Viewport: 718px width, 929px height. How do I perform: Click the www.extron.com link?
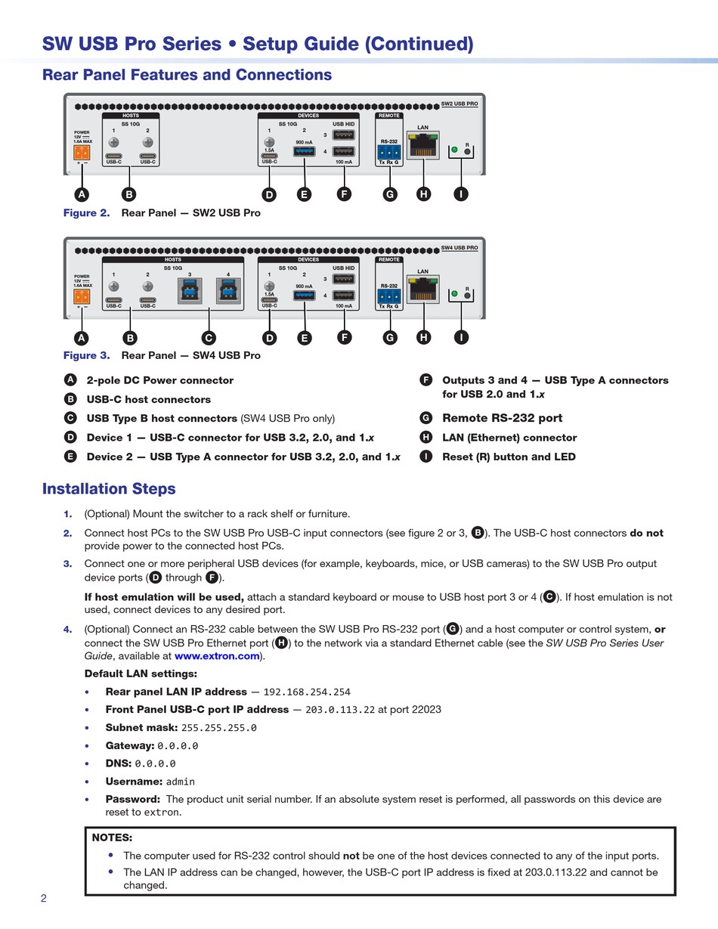tap(217, 656)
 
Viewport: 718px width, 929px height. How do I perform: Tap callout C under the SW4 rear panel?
tap(209, 338)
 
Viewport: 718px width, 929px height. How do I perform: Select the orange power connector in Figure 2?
tap(81, 152)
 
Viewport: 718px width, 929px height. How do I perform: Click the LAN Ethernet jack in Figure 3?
tap(422, 289)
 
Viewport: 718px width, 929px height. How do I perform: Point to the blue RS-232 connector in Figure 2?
tap(389, 152)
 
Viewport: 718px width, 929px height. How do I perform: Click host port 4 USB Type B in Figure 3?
tap(227, 290)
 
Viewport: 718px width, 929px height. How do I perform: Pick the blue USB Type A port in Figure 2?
tap(304, 151)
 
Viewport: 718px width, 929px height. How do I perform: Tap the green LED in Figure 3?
tap(454, 293)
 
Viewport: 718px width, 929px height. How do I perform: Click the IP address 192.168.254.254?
tap(307, 692)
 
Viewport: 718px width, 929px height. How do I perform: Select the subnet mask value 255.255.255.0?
tap(219, 728)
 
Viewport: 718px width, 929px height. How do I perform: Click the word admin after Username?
tap(181, 782)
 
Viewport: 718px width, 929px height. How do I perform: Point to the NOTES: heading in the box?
tap(112, 837)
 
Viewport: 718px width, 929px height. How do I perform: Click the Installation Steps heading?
tap(109, 488)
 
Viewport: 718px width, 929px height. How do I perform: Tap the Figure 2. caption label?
tap(87, 212)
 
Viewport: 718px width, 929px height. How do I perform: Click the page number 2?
tap(44, 898)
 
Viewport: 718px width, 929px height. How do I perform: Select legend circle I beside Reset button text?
tap(426, 457)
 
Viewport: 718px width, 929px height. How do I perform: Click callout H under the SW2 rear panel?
tap(423, 194)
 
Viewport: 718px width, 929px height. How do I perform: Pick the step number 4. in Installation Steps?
tap(67, 630)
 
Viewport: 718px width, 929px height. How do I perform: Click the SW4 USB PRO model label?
tap(460, 247)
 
